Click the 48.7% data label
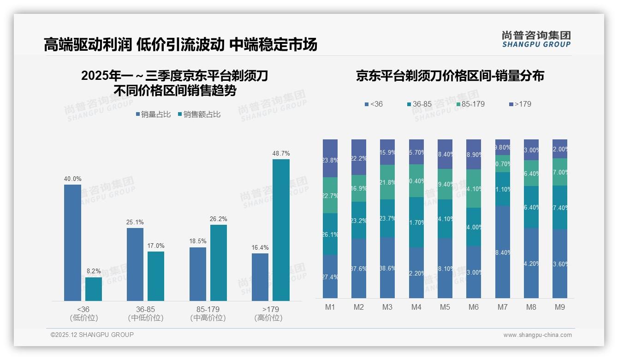(281, 153)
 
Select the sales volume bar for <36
(72, 243)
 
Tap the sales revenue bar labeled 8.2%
(94, 289)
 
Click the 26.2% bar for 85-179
(219, 263)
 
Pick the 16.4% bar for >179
(260, 277)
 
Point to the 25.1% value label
(135, 222)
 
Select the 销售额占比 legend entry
(199, 114)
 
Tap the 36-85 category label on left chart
(145, 309)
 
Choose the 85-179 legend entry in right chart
(470, 104)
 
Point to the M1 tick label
(330, 307)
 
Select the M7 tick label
(503, 307)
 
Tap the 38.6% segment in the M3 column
(388, 268)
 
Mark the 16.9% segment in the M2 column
(359, 188)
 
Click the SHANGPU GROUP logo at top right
(536, 39)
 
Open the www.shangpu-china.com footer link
(537, 335)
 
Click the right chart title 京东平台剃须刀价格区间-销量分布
(450, 76)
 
